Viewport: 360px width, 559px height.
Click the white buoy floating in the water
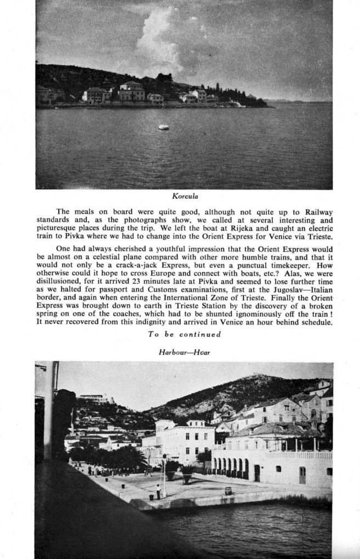(x=163, y=127)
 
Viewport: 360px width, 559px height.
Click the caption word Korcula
(x=184, y=196)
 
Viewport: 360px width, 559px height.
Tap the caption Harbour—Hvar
(x=184, y=352)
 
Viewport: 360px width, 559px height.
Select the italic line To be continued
(x=184, y=334)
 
